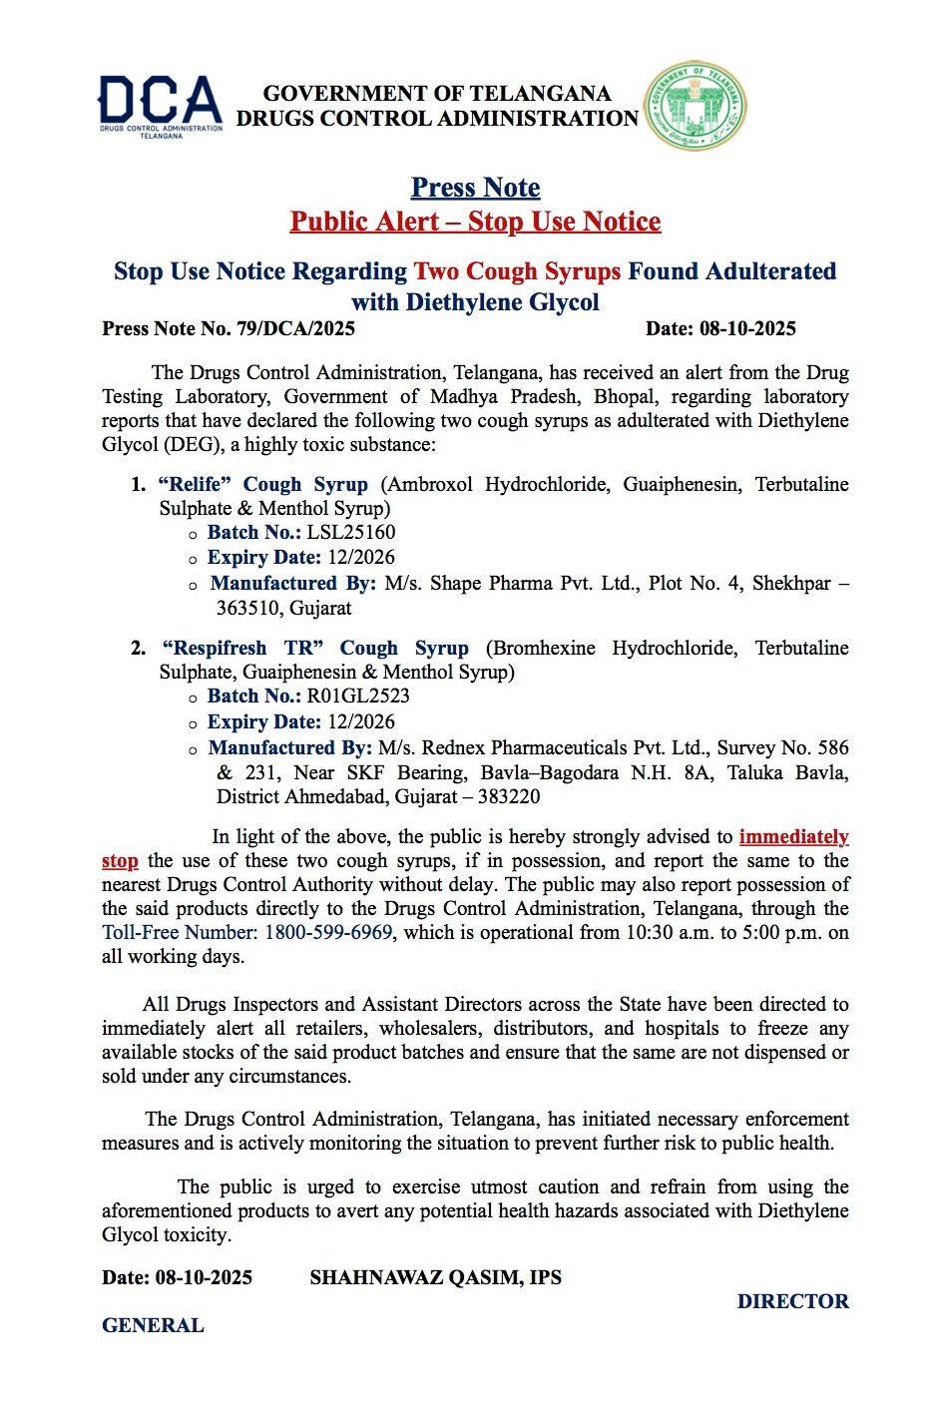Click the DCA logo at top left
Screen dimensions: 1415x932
click(160, 106)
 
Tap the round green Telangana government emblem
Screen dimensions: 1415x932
click(695, 106)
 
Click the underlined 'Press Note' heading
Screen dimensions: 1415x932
click(475, 188)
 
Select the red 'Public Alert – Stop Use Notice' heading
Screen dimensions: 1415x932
click(475, 222)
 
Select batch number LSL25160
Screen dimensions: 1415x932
click(350, 532)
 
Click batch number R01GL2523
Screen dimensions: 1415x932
click(358, 696)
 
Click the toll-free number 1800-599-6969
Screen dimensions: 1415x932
click(328, 932)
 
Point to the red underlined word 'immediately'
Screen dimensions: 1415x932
click(793, 836)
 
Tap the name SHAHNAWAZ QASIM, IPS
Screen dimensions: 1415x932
click(435, 1277)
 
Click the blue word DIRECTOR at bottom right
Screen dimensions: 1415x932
click(792, 1301)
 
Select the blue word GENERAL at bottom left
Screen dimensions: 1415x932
click(153, 1325)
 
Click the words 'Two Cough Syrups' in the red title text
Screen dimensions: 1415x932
click(517, 271)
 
